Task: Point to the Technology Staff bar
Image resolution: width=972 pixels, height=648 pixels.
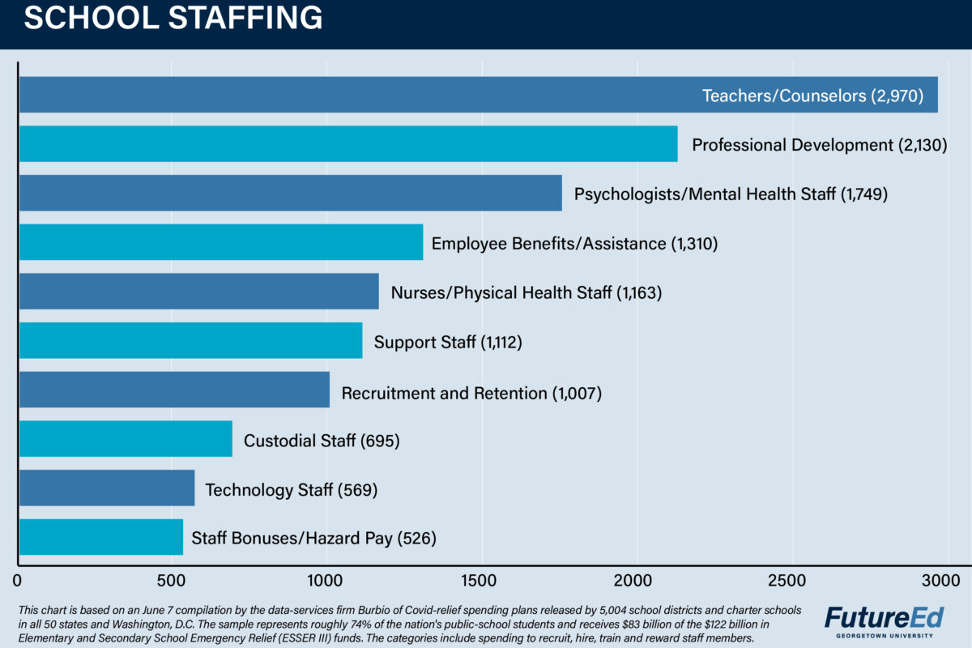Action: tap(106, 488)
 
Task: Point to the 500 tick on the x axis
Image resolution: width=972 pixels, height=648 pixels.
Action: tap(172, 580)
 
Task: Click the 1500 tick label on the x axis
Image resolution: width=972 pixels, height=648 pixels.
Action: tap(482, 580)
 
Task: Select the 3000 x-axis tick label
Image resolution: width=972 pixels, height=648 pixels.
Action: tap(940, 580)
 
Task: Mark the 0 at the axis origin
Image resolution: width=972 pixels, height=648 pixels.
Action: tap(18, 580)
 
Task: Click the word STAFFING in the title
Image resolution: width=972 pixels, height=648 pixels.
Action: tap(245, 18)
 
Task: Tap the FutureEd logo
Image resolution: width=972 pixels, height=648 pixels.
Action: tap(884, 617)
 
